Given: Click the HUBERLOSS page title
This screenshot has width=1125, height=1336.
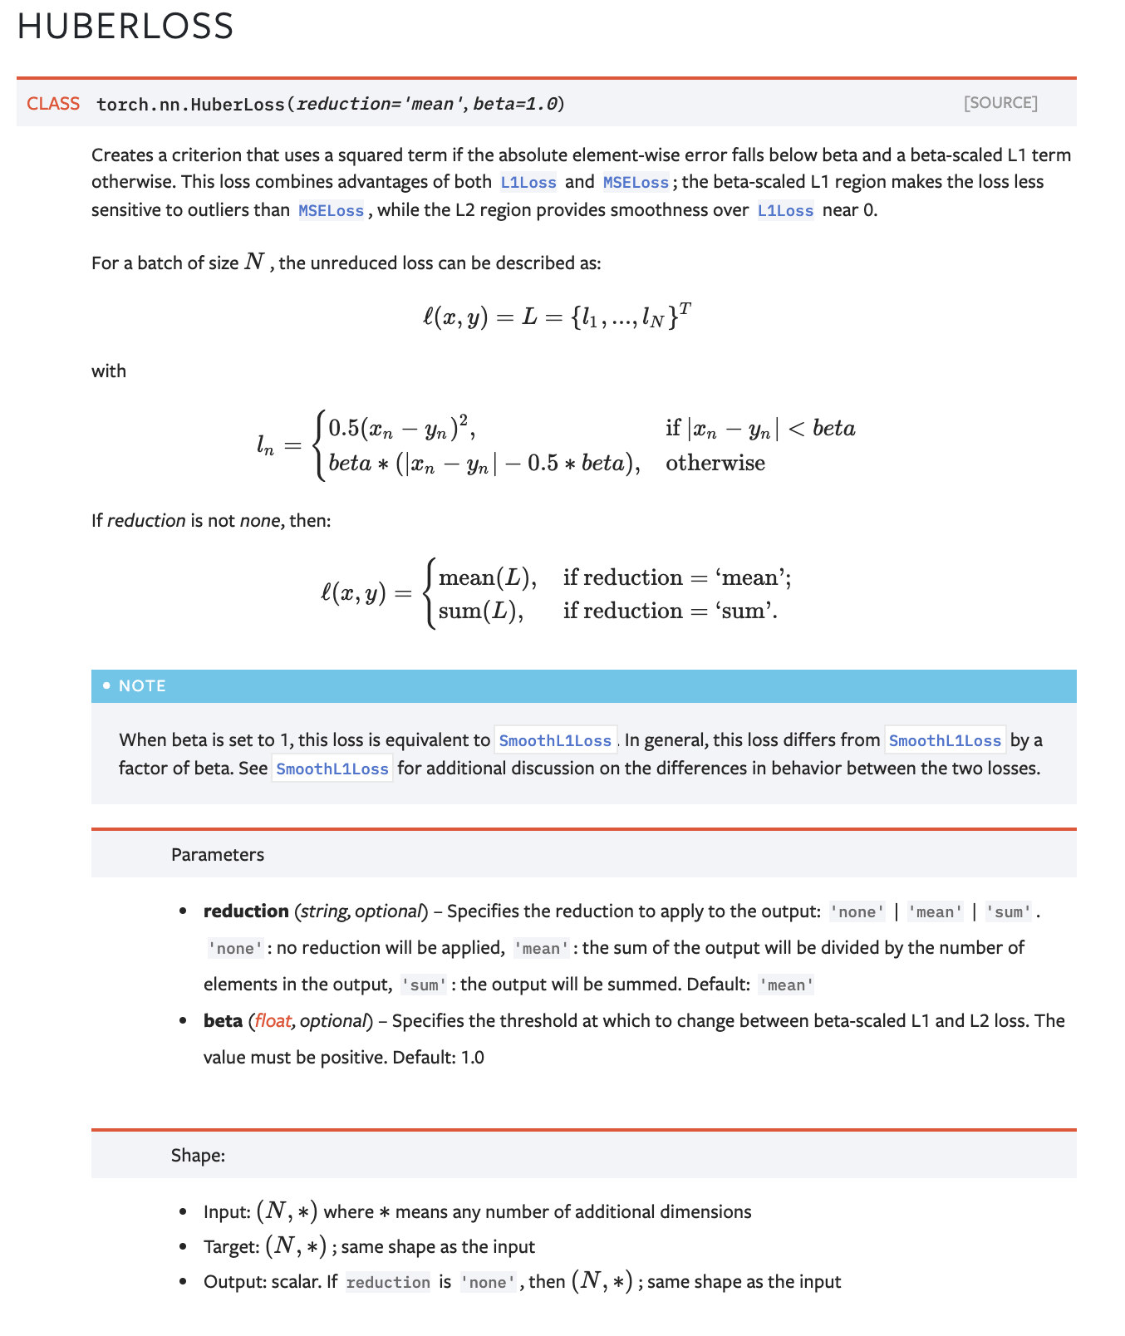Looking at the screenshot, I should [125, 26].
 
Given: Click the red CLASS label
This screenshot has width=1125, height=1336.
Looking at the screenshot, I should [53, 104].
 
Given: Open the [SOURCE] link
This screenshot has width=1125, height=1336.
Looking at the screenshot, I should [1000, 103].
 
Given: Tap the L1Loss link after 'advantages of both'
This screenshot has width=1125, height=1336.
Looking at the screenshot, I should [528, 183].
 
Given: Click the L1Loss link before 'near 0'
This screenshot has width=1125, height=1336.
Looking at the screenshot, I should [785, 211].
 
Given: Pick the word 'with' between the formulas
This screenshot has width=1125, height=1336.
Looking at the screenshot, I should [109, 371].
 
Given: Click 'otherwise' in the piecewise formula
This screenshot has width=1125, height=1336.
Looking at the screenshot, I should [715, 463].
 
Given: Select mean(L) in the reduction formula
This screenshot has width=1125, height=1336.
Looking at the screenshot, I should [487, 577].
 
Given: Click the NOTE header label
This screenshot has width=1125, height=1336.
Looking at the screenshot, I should [142, 686].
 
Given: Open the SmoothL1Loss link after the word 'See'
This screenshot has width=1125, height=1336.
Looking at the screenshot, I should [332, 769].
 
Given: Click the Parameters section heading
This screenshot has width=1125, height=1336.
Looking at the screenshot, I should [218, 855].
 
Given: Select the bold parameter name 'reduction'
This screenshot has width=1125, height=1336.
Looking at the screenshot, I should [246, 911].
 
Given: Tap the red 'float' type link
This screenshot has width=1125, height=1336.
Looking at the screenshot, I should [273, 1021].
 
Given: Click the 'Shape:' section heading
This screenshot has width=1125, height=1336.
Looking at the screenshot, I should [198, 1156].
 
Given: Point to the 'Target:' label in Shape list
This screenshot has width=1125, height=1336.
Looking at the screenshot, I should [232, 1247].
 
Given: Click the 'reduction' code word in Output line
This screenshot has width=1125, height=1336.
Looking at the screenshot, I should [388, 1283].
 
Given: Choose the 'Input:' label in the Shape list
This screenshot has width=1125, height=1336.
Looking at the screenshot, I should [227, 1212].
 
